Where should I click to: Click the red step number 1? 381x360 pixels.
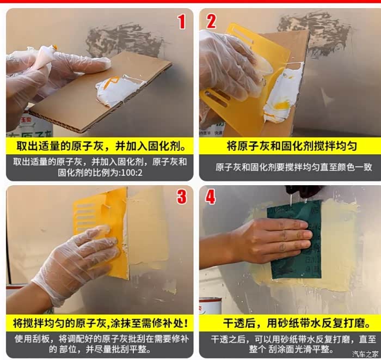point(181,21)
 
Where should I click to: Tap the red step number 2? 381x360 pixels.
point(211,21)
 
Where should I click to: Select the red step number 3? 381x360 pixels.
point(182,197)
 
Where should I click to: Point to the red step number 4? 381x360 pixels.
point(211,197)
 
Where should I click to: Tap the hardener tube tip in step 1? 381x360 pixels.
point(54,47)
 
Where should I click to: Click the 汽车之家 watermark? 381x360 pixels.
point(365,353)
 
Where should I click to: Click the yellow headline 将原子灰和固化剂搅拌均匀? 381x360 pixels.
point(292,146)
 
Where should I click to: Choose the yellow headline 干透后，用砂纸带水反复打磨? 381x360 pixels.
point(297,324)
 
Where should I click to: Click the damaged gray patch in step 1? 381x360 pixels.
point(126,40)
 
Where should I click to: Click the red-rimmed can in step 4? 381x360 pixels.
point(211,306)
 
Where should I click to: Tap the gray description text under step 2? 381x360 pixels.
point(293,167)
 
